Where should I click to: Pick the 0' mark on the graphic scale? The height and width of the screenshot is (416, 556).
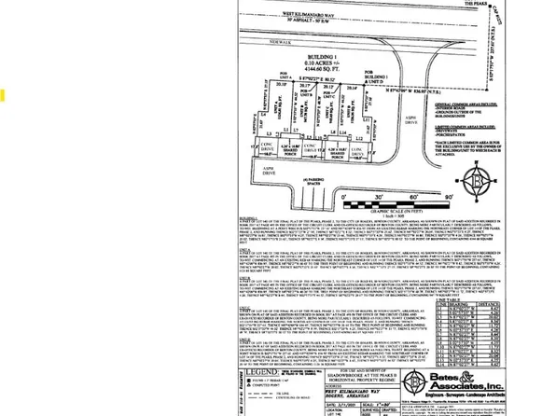(x=345, y=199)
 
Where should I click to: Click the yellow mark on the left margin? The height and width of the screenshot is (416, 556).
(x=4, y=95)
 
